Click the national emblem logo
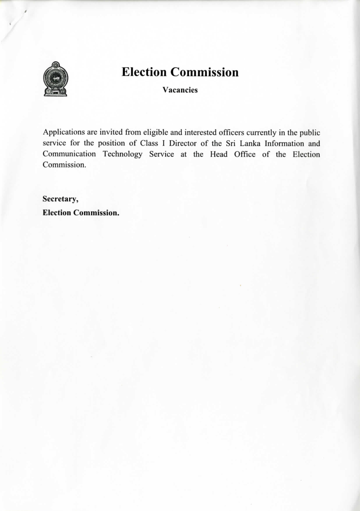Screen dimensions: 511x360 55,79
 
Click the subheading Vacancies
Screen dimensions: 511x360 180,90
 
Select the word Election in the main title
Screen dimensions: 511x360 144,72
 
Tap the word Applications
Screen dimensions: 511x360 63,133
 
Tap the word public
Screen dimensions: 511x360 310,133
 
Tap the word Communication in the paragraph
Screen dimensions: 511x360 69,154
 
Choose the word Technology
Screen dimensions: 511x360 123,154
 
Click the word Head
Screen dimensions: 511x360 218,154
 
